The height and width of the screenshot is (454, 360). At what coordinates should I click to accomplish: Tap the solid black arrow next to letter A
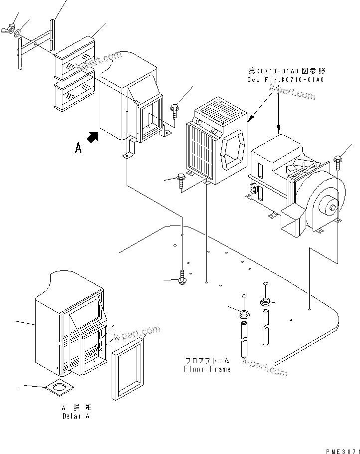click(92, 137)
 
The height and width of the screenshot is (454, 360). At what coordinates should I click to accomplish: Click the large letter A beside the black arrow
click(78, 148)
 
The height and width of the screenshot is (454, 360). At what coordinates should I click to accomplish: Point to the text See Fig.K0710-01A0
click(285, 80)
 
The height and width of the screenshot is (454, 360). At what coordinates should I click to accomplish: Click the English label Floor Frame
click(207, 369)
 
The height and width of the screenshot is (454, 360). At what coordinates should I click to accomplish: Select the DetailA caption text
click(77, 416)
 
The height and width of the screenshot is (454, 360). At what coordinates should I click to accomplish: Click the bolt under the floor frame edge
click(182, 277)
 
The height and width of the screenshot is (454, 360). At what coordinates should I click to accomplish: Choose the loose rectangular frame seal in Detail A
click(128, 368)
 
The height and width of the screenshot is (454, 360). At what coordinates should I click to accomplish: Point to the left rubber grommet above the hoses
click(244, 315)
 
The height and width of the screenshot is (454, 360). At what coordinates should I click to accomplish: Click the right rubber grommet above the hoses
click(265, 302)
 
